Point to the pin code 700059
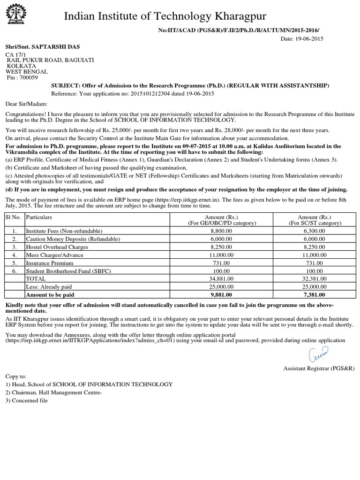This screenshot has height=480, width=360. point(28,77)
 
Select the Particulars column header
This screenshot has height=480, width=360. point(39,217)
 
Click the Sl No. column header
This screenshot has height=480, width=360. point(14,217)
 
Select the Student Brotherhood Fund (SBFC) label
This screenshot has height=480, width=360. point(65,271)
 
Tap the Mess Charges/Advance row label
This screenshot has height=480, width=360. point(54,255)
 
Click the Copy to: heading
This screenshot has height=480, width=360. point(16,376)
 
